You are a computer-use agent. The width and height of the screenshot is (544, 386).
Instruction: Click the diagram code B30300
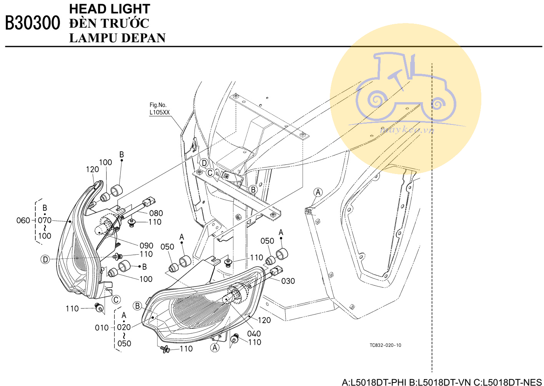tap(33, 23)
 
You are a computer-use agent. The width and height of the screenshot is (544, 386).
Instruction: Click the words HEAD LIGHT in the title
tap(110, 9)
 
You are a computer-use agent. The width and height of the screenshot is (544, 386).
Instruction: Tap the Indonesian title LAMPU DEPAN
tap(117, 38)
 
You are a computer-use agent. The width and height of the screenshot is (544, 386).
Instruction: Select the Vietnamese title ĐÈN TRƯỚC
tap(109, 23)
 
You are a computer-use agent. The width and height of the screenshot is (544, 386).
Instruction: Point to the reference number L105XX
tap(160, 112)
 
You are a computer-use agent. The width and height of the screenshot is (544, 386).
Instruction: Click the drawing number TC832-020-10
tap(386, 345)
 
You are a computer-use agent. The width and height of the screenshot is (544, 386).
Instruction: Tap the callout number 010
tap(102, 328)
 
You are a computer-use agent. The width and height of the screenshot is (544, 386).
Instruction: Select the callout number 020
tap(124, 327)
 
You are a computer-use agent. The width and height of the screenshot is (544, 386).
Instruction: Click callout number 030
tap(288, 281)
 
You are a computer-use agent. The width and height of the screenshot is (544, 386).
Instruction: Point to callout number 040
tap(254, 334)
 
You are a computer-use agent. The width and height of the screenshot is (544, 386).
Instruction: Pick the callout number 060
tap(23, 220)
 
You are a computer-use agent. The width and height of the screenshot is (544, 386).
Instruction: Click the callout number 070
tap(45, 220)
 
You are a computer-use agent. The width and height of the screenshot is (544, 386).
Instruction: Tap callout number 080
tap(156, 213)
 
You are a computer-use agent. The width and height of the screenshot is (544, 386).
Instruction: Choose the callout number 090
tap(146, 246)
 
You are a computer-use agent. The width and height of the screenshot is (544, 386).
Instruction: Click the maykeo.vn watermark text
tap(407, 130)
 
